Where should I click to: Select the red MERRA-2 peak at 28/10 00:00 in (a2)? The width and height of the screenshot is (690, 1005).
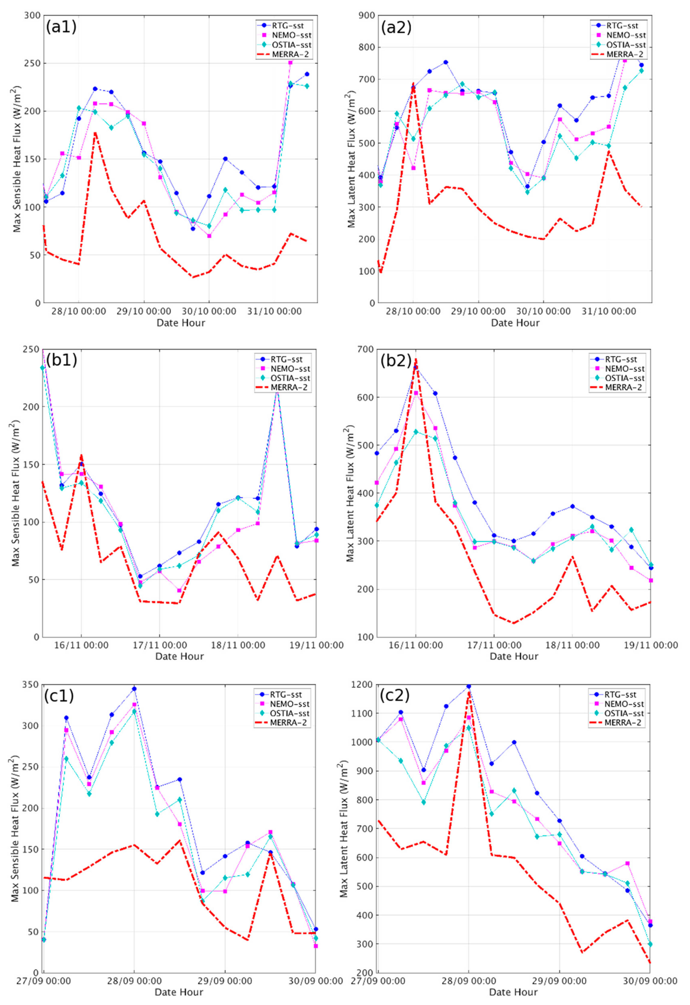click(x=413, y=83)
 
